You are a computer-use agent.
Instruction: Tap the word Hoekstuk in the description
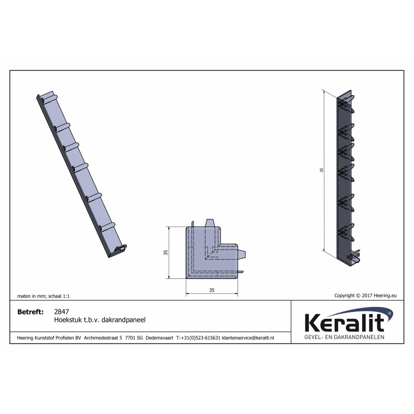click(x=67, y=320)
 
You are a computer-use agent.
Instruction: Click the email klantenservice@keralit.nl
click(x=248, y=337)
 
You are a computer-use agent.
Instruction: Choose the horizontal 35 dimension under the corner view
click(x=212, y=291)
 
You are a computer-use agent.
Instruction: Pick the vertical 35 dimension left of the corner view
click(x=166, y=252)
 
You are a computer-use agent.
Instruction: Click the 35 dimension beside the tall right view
click(x=321, y=170)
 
